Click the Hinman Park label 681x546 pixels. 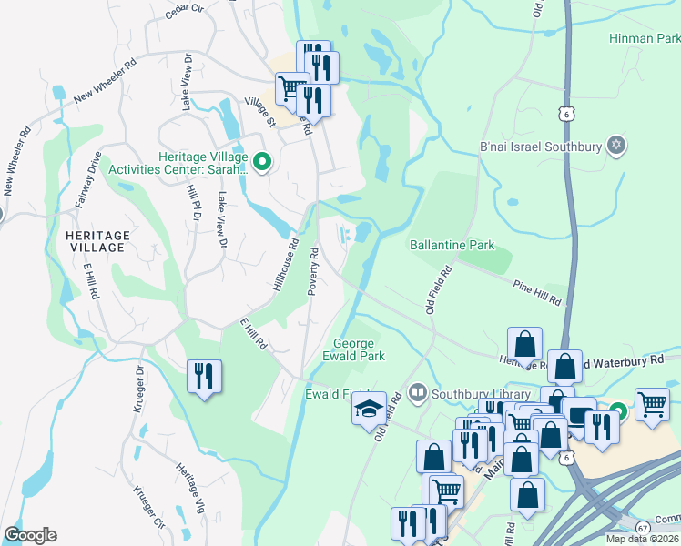pos(645,39)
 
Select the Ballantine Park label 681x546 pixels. pos(452,245)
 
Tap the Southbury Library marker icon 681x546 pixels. pos(418,394)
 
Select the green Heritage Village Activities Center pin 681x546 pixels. pos(262,163)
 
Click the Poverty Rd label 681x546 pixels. pos(311,270)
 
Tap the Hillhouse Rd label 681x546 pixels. pos(285,262)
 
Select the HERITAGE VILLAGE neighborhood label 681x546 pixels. pos(98,242)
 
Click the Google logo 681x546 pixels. pos(30,534)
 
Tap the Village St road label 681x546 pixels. pos(259,113)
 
